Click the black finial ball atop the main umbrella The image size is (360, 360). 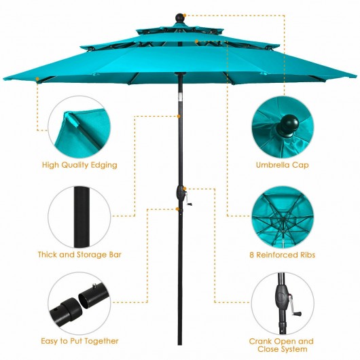pyautogui.click(x=180, y=18)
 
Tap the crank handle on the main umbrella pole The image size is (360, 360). pyautogui.click(x=188, y=199)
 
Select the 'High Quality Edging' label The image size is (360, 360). pyautogui.click(x=79, y=165)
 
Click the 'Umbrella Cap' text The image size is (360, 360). pyautogui.click(x=282, y=165)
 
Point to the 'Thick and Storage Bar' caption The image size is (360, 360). pyautogui.click(x=79, y=255)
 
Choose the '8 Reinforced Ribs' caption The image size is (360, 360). pyautogui.click(x=282, y=255)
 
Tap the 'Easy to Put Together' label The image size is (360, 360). pyautogui.click(x=79, y=341)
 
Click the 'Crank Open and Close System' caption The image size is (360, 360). pyautogui.click(x=282, y=345)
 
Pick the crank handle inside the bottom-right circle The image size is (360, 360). pyautogui.click(x=295, y=306)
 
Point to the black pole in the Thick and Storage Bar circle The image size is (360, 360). pyautogui.click(x=82, y=217)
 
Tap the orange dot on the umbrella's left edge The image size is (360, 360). pyautogui.click(x=37, y=79)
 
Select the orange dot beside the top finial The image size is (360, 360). pyautogui.click(x=185, y=16)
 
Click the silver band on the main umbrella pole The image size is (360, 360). pyautogui.click(x=180, y=97)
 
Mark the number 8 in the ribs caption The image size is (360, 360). pyautogui.click(x=251, y=255)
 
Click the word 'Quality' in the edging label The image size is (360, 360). pyautogui.click(x=73, y=165)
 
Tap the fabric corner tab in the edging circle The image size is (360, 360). pyautogui.click(x=71, y=119)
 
